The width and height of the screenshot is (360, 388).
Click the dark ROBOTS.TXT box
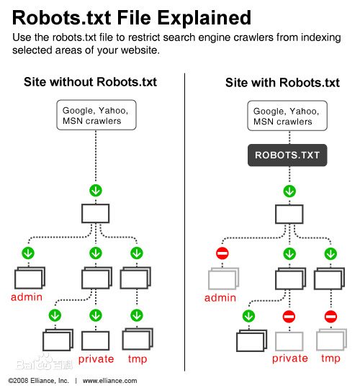pyautogui.click(x=288, y=155)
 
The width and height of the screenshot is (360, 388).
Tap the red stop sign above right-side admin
pyautogui.click(x=222, y=254)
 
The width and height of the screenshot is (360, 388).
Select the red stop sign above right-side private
pyautogui.click(x=289, y=316)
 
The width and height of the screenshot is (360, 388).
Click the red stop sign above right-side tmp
pyautogui.click(x=330, y=316)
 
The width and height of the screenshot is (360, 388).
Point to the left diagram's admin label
pyautogui.click(x=26, y=297)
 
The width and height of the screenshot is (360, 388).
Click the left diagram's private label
pyautogui.click(x=96, y=358)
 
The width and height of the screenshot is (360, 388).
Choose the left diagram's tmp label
pyautogui.click(x=137, y=358)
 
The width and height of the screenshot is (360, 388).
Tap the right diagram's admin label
pyautogui.click(x=220, y=297)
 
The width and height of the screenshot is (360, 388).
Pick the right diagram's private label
pyautogui.click(x=289, y=358)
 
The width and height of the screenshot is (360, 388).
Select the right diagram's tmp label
pyautogui.click(x=330, y=358)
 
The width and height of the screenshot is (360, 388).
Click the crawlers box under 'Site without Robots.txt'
pyautogui.click(x=95, y=116)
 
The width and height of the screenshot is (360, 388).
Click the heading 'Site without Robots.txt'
pyautogui.click(x=90, y=82)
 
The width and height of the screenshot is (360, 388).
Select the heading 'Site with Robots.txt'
pyautogui.click(x=282, y=82)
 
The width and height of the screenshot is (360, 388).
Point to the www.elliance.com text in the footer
pyautogui.click(x=109, y=381)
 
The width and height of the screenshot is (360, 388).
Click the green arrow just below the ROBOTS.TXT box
pyautogui.click(x=289, y=191)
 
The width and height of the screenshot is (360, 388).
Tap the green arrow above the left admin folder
pyautogui.click(x=28, y=254)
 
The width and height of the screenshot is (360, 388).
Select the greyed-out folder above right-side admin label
pyautogui.click(x=222, y=279)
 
